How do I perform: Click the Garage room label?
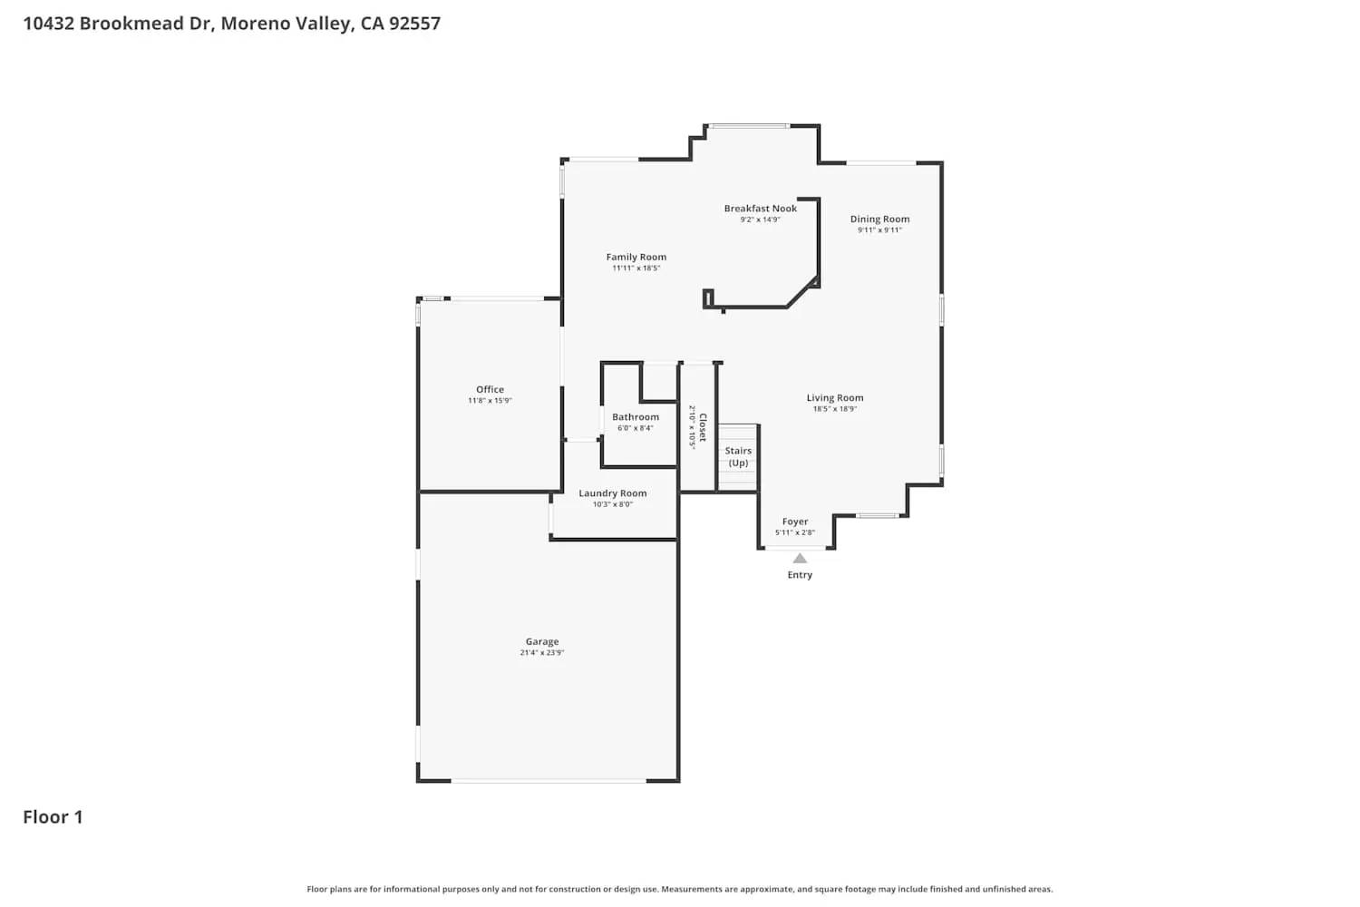pos(542,641)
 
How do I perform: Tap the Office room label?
pos(490,389)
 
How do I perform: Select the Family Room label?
pos(636,257)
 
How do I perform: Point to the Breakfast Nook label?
pos(760,208)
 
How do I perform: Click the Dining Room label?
pos(879,219)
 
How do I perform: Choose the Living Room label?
pos(834,397)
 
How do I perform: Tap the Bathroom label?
pos(635,417)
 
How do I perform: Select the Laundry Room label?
pos(613,493)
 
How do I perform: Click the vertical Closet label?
pos(703,427)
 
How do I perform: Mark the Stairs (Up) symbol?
pos(738,457)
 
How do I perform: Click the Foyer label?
pos(795,522)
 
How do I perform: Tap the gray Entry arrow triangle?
pos(800,559)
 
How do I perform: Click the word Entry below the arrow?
pos(800,575)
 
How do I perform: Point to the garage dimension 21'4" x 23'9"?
pos(542,653)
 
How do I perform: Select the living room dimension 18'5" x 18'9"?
pos(834,409)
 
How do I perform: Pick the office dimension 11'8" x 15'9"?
pos(490,401)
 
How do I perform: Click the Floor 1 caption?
pos(53,817)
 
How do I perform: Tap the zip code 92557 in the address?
pos(414,24)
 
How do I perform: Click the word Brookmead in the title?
pos(131,24)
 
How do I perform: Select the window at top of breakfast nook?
pos(748,126)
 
